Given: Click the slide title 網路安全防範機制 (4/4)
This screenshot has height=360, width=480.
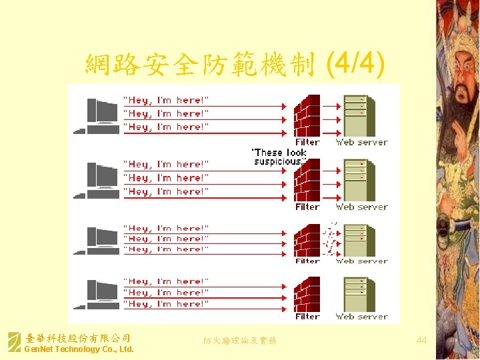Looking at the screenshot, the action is click(234, 65).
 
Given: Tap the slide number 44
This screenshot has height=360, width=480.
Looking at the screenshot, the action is click(421, 341).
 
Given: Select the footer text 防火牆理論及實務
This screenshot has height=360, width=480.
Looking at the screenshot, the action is click(240, 341).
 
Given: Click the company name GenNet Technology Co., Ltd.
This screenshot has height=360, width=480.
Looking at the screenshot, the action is click(79, 349).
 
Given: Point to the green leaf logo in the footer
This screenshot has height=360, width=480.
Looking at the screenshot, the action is click(14, 342).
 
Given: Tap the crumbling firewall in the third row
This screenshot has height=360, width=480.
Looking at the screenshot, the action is click(309, 241).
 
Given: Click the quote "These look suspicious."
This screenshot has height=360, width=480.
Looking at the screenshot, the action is click(279, 157).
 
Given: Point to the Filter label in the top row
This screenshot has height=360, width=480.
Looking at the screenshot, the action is click(307, 142).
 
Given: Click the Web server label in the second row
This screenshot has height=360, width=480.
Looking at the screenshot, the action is click(361, 207).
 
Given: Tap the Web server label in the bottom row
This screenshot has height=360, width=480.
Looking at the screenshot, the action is click(361, 317).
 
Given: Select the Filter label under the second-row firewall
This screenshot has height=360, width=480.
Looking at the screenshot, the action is click(307, 207).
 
